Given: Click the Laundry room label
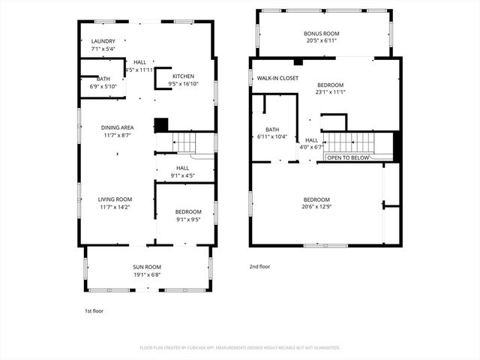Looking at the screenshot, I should (x=103, y=41).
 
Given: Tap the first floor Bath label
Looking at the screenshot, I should (x=98, y=79).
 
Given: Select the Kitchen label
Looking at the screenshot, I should (x=184, y=76).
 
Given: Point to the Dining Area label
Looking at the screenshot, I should (x=117, y=127).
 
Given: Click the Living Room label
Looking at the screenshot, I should (x=116, y=199).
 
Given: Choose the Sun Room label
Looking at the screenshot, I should (x=147, y=267).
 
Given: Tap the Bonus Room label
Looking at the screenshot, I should (x=322, y=34).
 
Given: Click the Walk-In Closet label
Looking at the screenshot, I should (x=277, y=78).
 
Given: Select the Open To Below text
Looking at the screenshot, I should (x=347, y=158).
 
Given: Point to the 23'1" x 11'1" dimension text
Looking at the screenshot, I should (x=331, y=93).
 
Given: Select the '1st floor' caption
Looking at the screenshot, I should (x=94, y=310).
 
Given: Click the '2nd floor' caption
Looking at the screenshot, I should (x=259, y=266).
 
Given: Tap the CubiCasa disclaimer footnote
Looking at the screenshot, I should (x=240, y=348).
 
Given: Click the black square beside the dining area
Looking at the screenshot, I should (x=161, y=125).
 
